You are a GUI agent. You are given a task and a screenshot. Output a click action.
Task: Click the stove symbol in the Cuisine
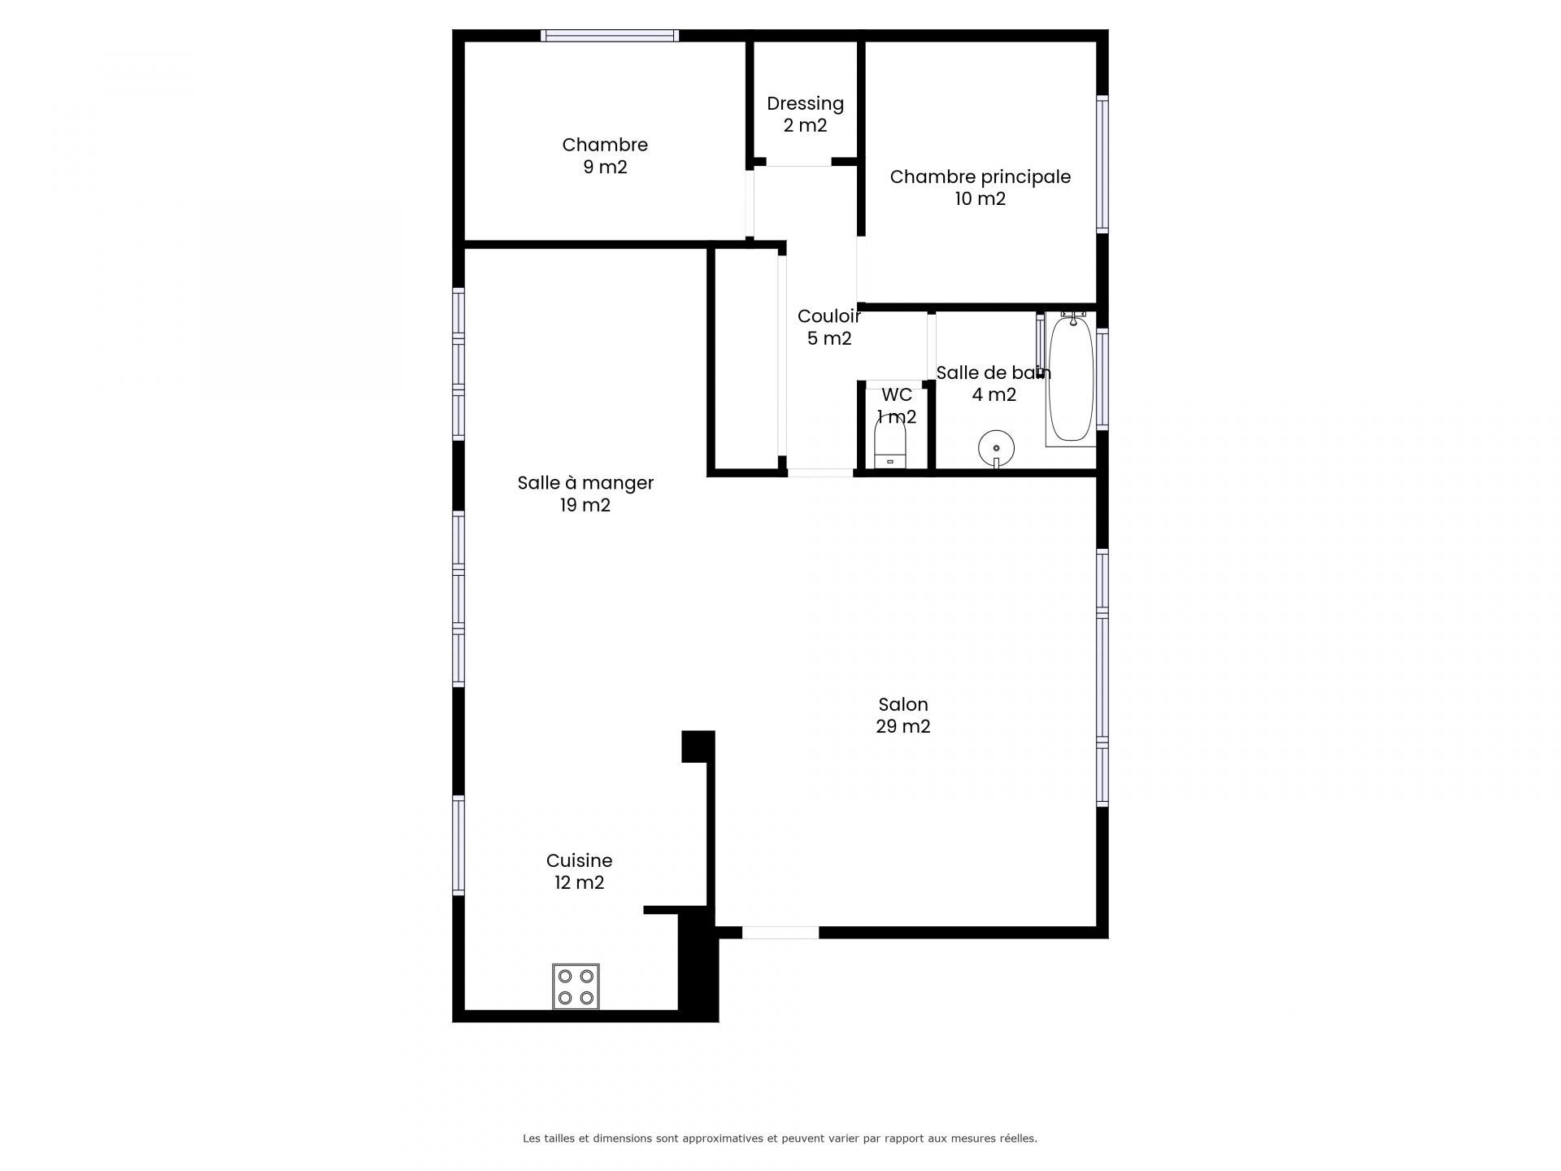576,986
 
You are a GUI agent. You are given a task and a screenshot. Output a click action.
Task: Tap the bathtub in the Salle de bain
1071,379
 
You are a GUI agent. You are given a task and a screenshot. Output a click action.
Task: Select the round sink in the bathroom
996,448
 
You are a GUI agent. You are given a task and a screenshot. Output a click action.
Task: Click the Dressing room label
805,103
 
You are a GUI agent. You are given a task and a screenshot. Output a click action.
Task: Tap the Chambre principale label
980,176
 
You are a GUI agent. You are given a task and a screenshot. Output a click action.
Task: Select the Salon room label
902,704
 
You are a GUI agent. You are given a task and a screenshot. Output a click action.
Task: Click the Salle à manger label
585,483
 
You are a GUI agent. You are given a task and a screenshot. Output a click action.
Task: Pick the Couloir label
828,316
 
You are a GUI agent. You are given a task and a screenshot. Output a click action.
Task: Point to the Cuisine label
579,860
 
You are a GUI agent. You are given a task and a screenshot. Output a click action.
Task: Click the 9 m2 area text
605,168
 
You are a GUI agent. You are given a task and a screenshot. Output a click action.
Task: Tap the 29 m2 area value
902,727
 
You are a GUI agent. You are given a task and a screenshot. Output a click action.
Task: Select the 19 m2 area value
585,506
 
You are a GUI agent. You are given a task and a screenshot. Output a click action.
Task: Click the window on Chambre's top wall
609,35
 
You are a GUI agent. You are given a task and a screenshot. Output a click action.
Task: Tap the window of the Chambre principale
1102,163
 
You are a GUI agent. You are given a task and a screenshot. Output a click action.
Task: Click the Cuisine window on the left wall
459,845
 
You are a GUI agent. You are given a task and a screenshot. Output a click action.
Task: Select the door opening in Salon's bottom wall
780,933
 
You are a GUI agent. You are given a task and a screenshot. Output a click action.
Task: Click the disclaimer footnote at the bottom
780,1138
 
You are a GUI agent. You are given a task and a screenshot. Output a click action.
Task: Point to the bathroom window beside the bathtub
1102,378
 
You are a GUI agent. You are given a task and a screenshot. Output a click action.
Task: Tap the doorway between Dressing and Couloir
798,162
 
